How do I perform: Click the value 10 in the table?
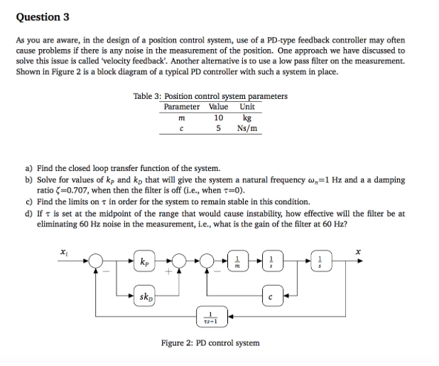coord(218,117)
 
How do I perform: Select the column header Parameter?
coord(181,107)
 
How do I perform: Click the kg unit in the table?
coord(247,117)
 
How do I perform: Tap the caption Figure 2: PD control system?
coord(210,343)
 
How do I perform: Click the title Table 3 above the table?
coord(210,96)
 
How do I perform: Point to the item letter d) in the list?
coord(29,213)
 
